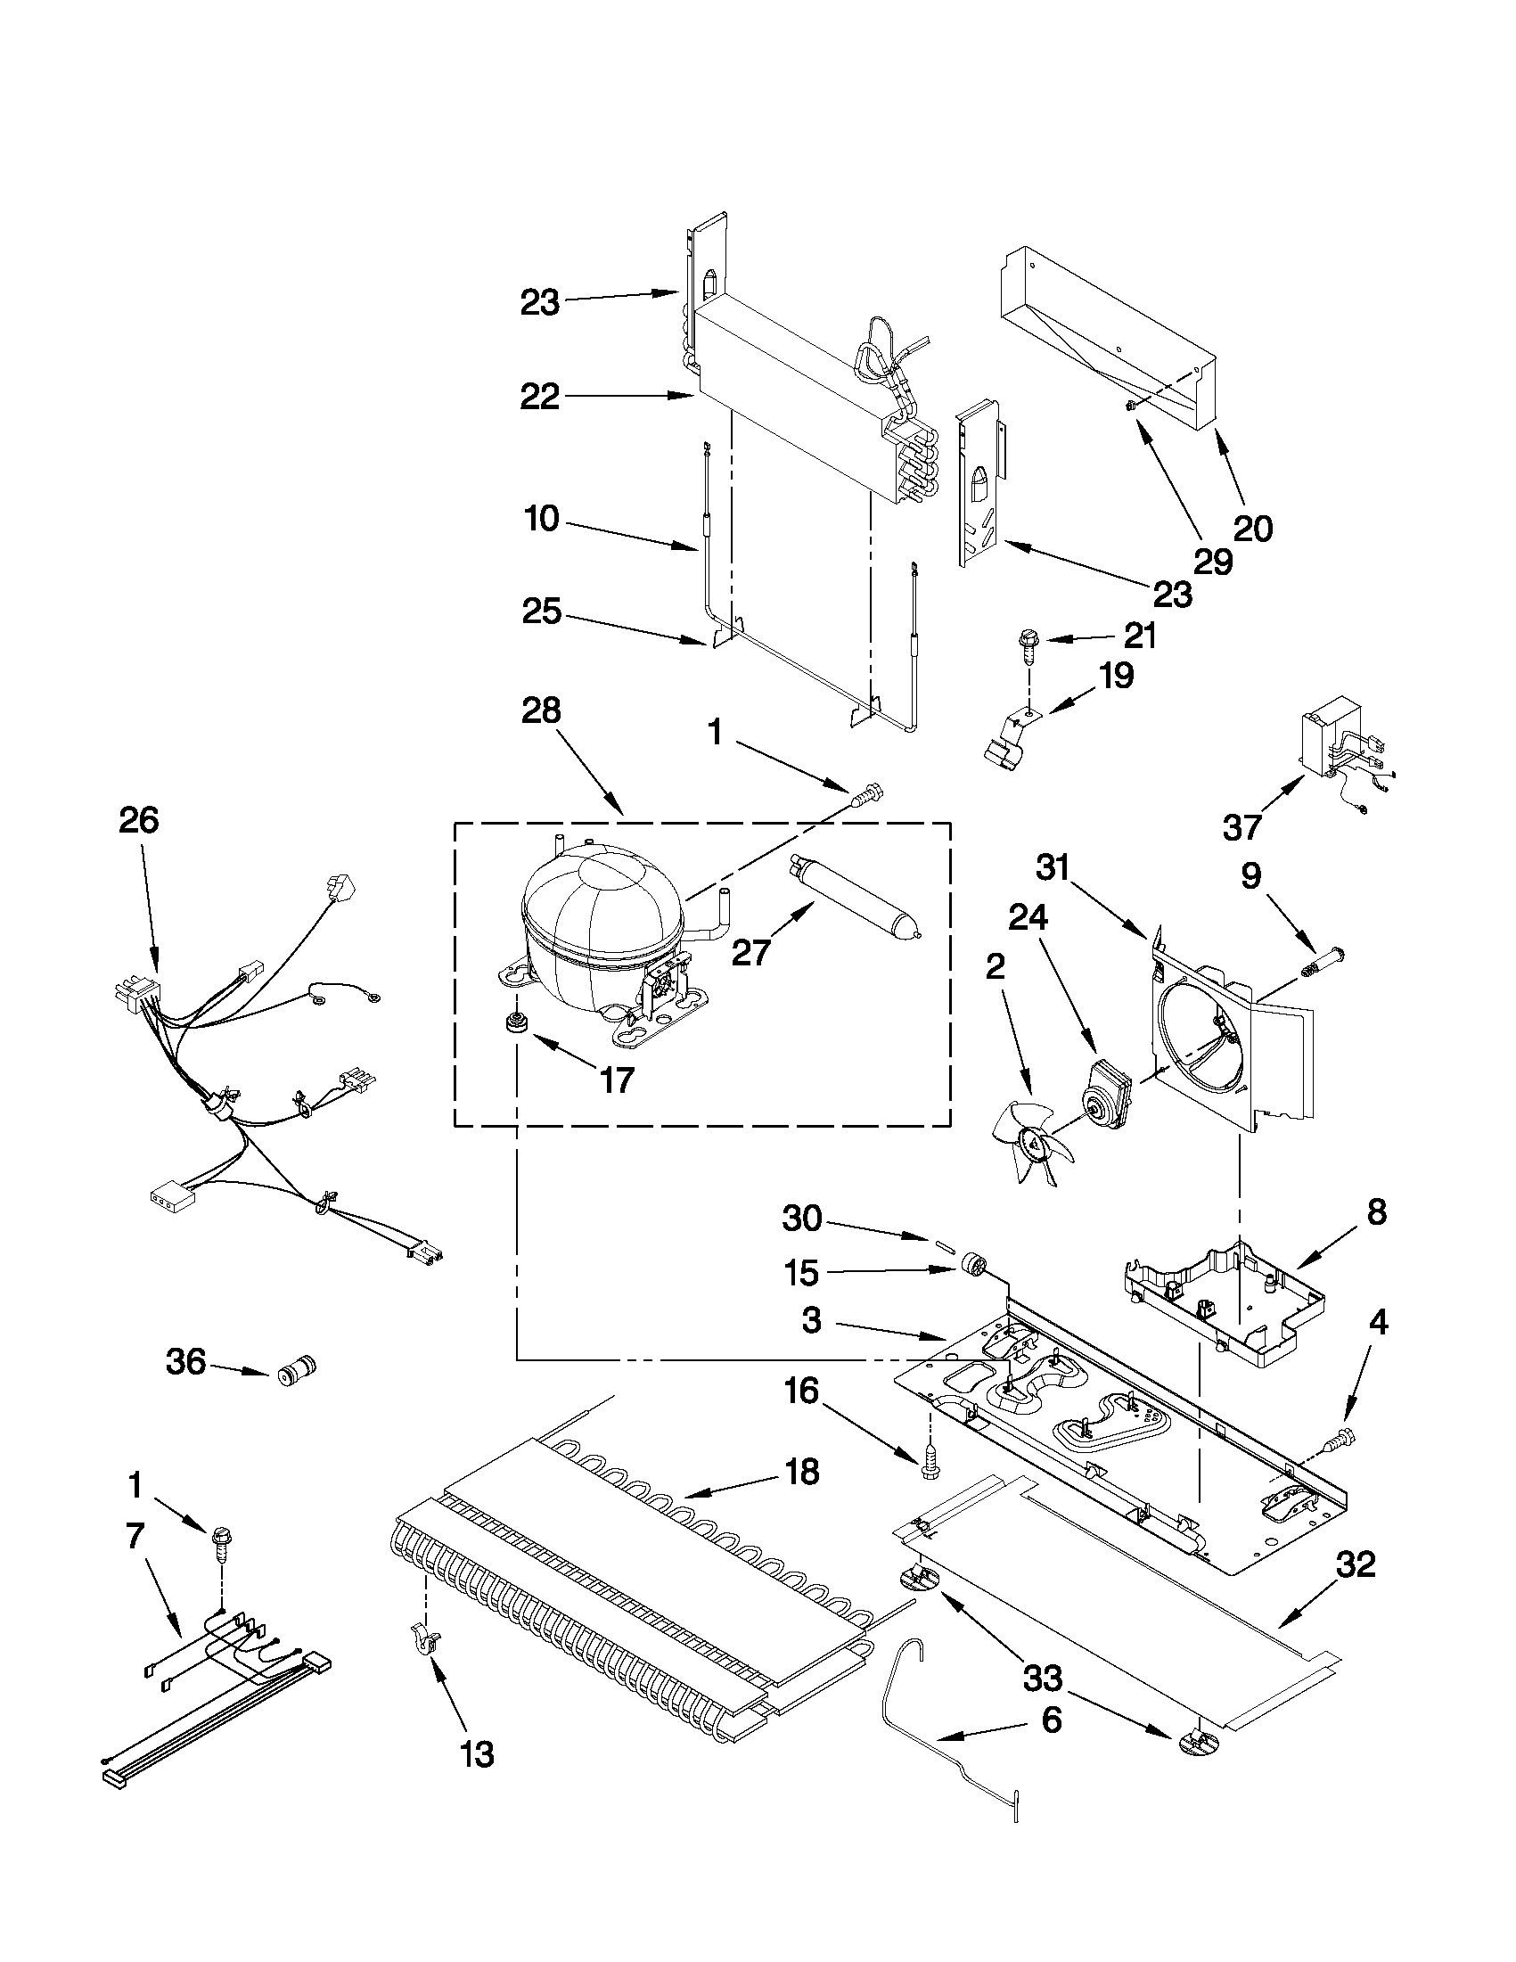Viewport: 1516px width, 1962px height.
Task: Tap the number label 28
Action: click(x=541, y=710)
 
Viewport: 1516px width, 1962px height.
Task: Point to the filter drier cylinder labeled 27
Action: click(x=854, y=904)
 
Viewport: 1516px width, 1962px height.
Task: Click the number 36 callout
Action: click(x=186, y=1362)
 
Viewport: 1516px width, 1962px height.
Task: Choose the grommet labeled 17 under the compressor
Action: click(x=516, y=1022)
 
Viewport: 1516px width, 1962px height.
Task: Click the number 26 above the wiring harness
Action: click(x=139, y=820)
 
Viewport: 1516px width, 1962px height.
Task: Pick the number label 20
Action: click(x=1253, y=529)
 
